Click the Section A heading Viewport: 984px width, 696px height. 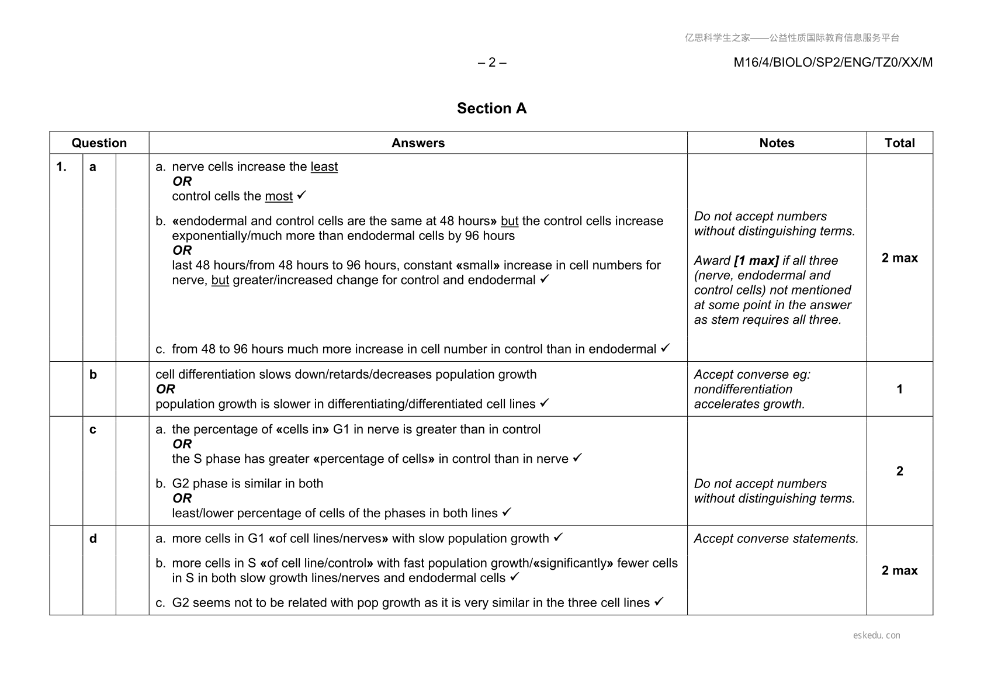pyautogui.click(x=491, y=109)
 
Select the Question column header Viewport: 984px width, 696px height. pyautogui.click(x=99, y=143)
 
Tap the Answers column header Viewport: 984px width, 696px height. pyautogui.click(x=418, y=143)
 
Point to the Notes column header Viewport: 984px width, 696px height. pyautogui.click(x=777, y=143)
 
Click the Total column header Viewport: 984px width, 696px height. pyautogui.click(x=899, y=143)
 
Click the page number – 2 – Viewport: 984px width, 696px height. pyautogui.click(x=492, y=63)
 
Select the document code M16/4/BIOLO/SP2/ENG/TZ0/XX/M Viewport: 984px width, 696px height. pyautogui.click(x=833, y=63)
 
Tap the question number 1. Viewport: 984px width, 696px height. pyautogui.click(x=61, y=167)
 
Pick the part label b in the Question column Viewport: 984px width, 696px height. pyautogui.click(x=93, y=375)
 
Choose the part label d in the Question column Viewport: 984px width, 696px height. pyautogui.click(x=93, y=539)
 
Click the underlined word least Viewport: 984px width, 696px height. pyautogui.click(x=324, y=167)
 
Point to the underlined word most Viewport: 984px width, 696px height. pyautogui.click(x=279, y=196)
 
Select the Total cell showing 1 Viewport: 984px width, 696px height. pyautogui.click(x=899, y=389)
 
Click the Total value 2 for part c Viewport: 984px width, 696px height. pyautogui.click(x=899, y=471)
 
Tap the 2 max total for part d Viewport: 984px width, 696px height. pyautogui.click(x=899, y=570)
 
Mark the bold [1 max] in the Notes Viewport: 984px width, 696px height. pyautogui.click(x=756, y=261)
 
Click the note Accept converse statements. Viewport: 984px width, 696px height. pyautogui.click(x=776, y=539)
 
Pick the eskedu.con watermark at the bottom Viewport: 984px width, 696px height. pyautogui.click(x=876, y=635)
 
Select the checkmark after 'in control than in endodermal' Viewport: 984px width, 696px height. pyautogui.click(x=665, y=348)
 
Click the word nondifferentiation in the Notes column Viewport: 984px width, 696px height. pyautogui.click(x=743, y=389)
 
